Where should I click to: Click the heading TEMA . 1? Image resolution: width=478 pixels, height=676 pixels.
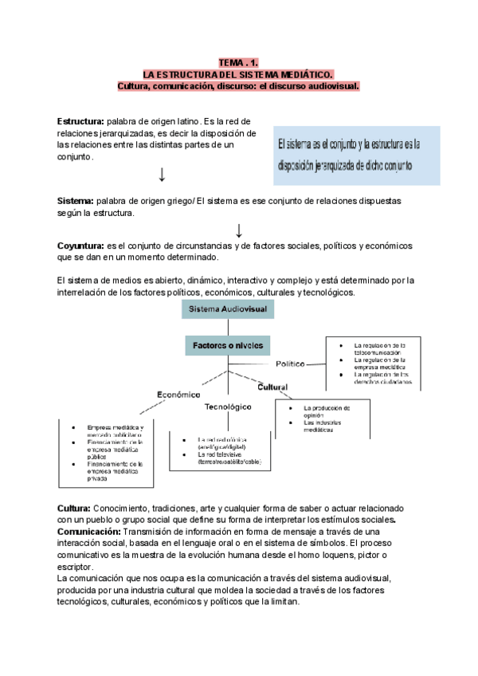[x=238, y=62]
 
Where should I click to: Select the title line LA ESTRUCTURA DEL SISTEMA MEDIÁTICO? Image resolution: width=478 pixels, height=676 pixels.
[x=238, y=73]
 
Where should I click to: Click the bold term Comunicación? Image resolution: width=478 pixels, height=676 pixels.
[x=89, y=531]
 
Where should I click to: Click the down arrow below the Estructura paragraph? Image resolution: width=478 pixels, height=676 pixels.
[x=163, y=174]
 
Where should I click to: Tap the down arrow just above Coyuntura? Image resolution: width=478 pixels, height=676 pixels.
[x=239, y=231]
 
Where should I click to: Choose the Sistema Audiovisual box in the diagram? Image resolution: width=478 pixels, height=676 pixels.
[x=229, y=309]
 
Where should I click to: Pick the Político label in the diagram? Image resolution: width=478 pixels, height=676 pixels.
[x=290, y=364]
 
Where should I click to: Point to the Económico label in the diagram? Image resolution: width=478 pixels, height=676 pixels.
[x=178, y=394]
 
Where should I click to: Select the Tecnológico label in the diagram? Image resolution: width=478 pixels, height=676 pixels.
[x=229, y=407]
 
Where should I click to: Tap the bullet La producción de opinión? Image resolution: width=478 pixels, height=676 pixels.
[x=327, y=411]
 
